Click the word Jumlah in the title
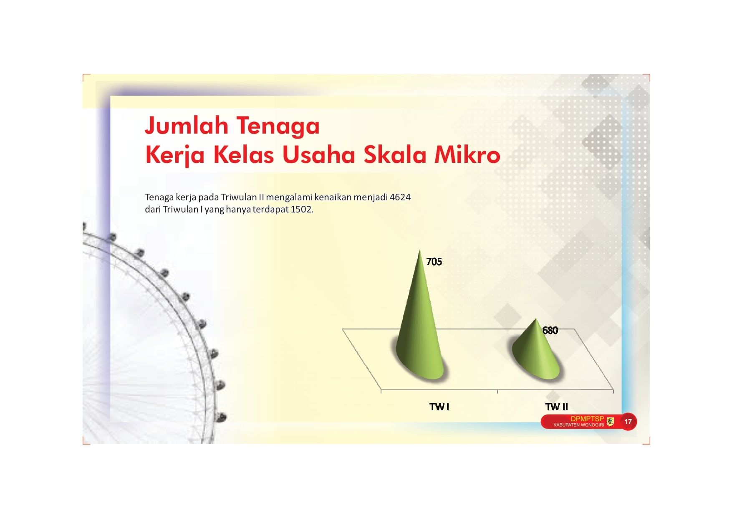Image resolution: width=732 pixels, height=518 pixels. pyautogui.click(x=187, y=125)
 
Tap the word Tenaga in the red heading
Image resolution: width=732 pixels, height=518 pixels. pyautogui.click(x=278, y=126)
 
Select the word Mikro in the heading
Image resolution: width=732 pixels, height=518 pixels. pyautogui.click(x=467, y=154)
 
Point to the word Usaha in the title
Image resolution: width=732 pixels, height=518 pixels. pyautogui.click(x=318, y=154)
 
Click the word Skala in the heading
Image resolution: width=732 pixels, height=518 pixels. pyautogui.click(x=395, y=154)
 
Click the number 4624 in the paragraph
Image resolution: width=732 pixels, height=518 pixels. pyautogui.click(x=400, y=197)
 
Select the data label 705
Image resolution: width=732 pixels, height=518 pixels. pyautogui.click(x=434, y=262)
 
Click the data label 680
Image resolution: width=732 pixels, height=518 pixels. pyautogui.click(x=550, y=331)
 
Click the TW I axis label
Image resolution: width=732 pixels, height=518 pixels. pyautogui.click(x=439, y=407)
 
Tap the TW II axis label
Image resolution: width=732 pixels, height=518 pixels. pyautogui.click(x=556, y=407)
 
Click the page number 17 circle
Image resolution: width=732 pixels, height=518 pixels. pyautogui.click(x=628, y=422)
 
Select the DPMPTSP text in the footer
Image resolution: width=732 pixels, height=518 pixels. pyautogui.click(x=587, y=419)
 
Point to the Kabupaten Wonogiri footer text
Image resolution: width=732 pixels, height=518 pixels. pyautogui.click(x=578, y=425)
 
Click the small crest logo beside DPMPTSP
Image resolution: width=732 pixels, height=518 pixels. pyautogui.click(x=610, y=422)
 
